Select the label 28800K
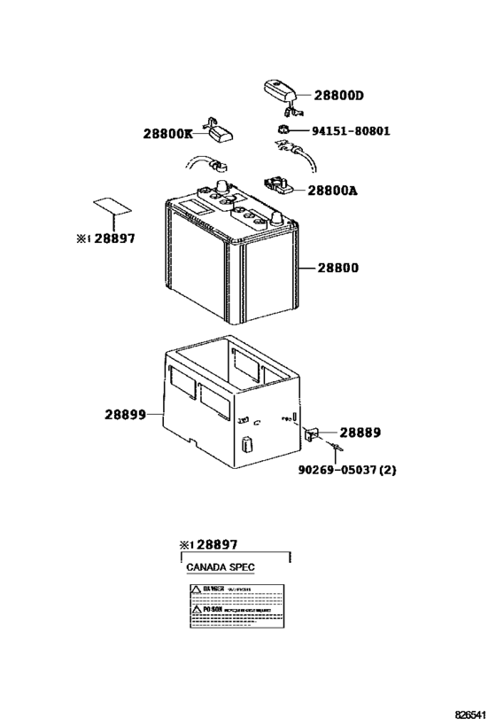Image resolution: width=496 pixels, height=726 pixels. pos(167,134)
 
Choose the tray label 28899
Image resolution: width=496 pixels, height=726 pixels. pos(125,414)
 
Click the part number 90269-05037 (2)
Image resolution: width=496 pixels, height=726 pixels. pos(346,469)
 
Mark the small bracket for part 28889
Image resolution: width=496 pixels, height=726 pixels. pos(312,433)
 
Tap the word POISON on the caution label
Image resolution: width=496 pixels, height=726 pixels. pos(213,611)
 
